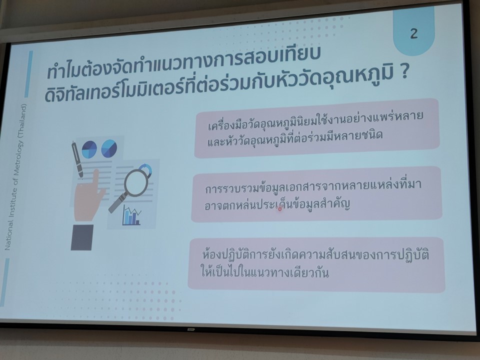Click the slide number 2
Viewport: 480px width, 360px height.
413,33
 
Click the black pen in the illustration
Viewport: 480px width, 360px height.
77,159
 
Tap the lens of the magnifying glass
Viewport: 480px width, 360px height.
136,183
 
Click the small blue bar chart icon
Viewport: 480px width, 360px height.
131,215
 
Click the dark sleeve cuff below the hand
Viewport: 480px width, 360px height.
82,237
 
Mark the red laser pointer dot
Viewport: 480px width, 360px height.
280,209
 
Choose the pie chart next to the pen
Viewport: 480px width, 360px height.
89,149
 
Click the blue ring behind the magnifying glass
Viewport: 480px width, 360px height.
145,169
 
